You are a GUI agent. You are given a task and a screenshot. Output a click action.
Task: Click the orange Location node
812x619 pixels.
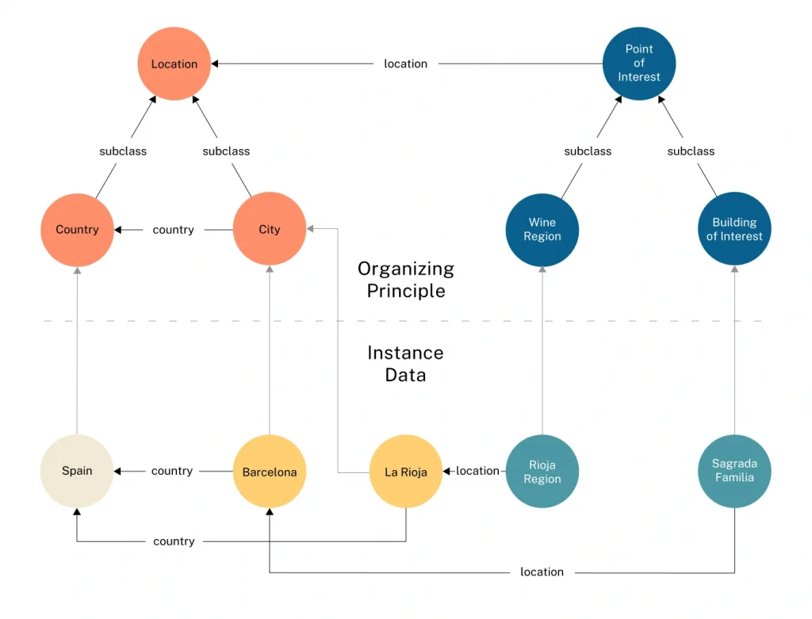pyautogui.click(x=174, y=63)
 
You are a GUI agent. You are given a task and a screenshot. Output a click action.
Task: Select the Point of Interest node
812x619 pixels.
pyautogui.click(x=639, y=63)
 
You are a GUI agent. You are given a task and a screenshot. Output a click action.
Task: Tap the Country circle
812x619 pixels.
pyautogui.click(x=77, y=230)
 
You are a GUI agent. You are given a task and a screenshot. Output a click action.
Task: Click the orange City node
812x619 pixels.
pyautogui.click(x=270, y=229)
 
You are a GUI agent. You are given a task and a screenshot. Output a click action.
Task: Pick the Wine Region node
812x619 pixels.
pyautogui.click(x=542, y=230)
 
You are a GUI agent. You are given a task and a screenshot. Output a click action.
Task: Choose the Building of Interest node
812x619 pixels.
pyautogui.click(x=734, y=229)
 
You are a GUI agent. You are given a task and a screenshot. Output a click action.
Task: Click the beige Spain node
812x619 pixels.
pyautogui.click(x=77, y=471)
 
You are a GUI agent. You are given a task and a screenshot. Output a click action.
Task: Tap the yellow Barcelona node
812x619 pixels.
pyautogui.click(x=270, y=471)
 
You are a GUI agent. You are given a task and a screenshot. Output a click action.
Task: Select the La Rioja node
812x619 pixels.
pyautogui.click(x=405, y=471)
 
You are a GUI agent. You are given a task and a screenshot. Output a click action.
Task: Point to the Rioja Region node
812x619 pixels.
pyautogui.click(x=542, y=471)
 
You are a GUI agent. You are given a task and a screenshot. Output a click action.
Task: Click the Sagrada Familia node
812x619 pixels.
pyautogui.click(x=734, y=471)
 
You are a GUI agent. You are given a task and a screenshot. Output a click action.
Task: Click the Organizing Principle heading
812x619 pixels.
pyautogui.click(x=406, y=280)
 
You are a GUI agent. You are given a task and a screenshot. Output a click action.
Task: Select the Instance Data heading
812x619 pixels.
pyautogui.click(x=405, y=364)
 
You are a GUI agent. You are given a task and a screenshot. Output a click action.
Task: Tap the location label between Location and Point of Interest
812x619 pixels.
pyautogui.click(x=405, y=63)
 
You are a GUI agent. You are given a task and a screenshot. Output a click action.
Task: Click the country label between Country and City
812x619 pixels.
pyautogui.click(x=173, y=230)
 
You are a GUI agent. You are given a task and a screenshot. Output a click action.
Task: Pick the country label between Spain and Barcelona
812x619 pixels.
pyautogui.click(x=172, y=471)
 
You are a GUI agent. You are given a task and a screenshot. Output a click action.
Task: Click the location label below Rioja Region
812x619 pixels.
pyautogui.click(x=542, y=572)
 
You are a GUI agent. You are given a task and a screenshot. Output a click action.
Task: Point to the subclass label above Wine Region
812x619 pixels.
pyautogui.click(x=588, y=151)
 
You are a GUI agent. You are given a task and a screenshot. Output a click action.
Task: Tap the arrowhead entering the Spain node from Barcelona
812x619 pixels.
pyautogui.click(x=117, y=471)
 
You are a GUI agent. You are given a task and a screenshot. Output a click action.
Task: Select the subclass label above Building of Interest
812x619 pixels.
pyautogui.click(x=691, y=151)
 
